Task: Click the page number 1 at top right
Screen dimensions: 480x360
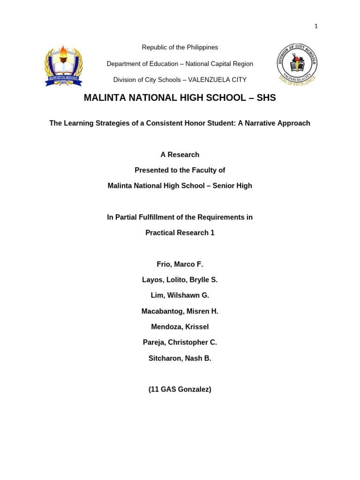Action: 316,26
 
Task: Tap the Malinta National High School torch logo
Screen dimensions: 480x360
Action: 63,66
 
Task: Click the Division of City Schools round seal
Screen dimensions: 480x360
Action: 297,64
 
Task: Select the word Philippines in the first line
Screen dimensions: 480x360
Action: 202,47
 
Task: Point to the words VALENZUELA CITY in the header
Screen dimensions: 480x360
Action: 217,80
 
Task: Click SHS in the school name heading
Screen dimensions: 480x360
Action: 266,98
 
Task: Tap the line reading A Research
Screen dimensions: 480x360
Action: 180,155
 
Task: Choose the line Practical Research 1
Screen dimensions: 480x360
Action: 180,233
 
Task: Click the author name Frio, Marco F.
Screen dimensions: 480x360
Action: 180,264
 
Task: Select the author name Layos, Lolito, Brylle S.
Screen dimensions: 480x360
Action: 180,280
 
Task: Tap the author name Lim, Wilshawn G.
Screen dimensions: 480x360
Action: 180,295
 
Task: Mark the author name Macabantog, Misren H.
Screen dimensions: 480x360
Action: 180,311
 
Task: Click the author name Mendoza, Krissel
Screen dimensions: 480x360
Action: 180,327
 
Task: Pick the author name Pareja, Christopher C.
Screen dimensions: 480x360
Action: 180,342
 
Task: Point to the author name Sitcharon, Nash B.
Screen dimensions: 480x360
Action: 180,358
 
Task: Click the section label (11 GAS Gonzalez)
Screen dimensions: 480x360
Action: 180,389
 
